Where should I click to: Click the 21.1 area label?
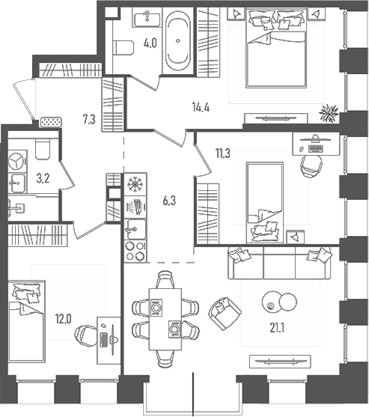(277, 328)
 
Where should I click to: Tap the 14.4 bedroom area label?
(201, 107)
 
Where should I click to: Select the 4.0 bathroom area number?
(150, 43)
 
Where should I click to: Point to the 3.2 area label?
(43, 178)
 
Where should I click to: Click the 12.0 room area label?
(64, 319)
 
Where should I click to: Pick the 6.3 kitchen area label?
(169, 201)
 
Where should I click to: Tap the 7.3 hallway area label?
(89, 120)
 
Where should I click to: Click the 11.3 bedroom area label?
(223, 153)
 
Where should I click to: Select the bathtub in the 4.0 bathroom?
(178, 40)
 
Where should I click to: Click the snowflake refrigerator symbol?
(135, 184)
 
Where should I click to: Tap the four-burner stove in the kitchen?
(135, 252)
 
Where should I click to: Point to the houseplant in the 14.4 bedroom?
(329, 113)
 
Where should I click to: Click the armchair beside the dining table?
(225, 313)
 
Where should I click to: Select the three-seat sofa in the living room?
(280, 263)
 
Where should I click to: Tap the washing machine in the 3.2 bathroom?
(17, 161)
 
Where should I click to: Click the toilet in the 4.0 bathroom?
(123, 48)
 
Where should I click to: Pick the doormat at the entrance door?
(52, 122)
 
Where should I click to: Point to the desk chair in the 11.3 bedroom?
(311, 165)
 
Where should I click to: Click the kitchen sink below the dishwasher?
(135, 229)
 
